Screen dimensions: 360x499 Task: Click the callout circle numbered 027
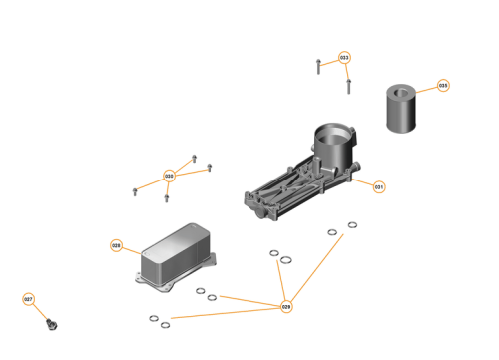(x=28, y=299)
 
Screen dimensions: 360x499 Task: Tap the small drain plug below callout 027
(x=53, y=323)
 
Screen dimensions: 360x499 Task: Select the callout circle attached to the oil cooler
(x=116, y=245)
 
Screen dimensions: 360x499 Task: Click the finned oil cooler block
(x=177, y=253)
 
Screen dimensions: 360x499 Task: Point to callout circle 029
(x=286, y=306)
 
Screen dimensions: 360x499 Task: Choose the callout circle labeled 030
(x=169, y=176)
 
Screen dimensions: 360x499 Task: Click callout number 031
(x=379, y=186)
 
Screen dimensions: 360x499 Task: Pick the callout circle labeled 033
(x=344, y=58)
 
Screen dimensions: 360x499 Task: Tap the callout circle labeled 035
(x=443, y=86)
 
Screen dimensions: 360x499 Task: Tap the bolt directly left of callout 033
(x=316, y=67)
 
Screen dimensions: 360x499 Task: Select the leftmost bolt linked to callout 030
(x=135, y=190)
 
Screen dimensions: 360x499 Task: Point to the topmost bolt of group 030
(x=194, y=159)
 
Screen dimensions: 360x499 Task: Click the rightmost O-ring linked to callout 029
(x=351, y=224)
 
